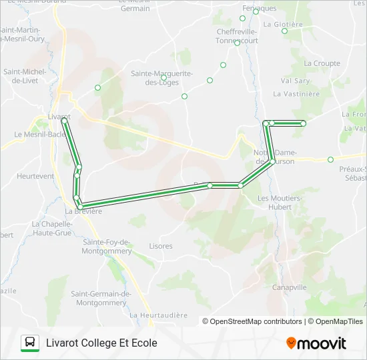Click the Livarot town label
pyautogui.click(x=59, y=116)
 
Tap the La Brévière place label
pyautogui.click(x=83, y=211)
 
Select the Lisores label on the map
pyautogui.click(x=161, y=246)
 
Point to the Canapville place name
pyautogui.click(x=290, y=287)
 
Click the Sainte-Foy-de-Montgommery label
pyautogui.click(x=107, y=246)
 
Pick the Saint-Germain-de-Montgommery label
pyautogui.click(x=102, y=298)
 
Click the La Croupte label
pyautogui.click(x=322, y=63)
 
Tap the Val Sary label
pyautogui.click(x=295, y=81)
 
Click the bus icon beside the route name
pyautogui.click(x=30, y=343)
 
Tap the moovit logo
pyautogui.click(x=316, y=343)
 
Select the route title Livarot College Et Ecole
pyautogui.click(x=101, y=343)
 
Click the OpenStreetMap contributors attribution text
pyautogui.click(x=252, y=321)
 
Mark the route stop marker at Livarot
pyautogui.click(x=64, y=121)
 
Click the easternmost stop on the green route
pyautogui.click(x=303, y=123)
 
